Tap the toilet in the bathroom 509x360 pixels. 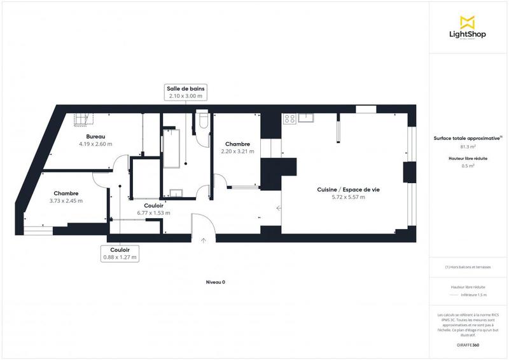pyautogui.click(x=203, y=120)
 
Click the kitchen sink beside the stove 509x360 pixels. pyautogui.click(x=307, y=117)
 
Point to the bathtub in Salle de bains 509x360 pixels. pyautogui.click(x=172, y=148)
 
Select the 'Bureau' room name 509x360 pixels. pyautogui.click(x=95, y=137)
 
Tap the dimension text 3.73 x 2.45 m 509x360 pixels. pyautogui.click(x=66, y=201)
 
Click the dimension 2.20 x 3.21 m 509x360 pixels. pyautogui.click(x=237, y=151)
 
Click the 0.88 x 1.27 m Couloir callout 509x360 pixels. pyautogui.click(x=119, y=254)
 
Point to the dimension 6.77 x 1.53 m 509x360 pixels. pyautogui.click(x=153, y=213)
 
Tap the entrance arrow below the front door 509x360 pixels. pyautogui.click(x=203, y=240)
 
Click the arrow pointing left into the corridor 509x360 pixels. pyautogui.click(x=279, y=207)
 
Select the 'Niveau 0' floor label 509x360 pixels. pyautogui.click(x=215, y=282)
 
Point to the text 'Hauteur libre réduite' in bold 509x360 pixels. pyautogui.click(x=468, y=158)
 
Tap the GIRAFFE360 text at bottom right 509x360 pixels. pyautogui.click(x=468, y=344)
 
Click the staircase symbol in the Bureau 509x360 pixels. pyautogui.click(x=83, y=118)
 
